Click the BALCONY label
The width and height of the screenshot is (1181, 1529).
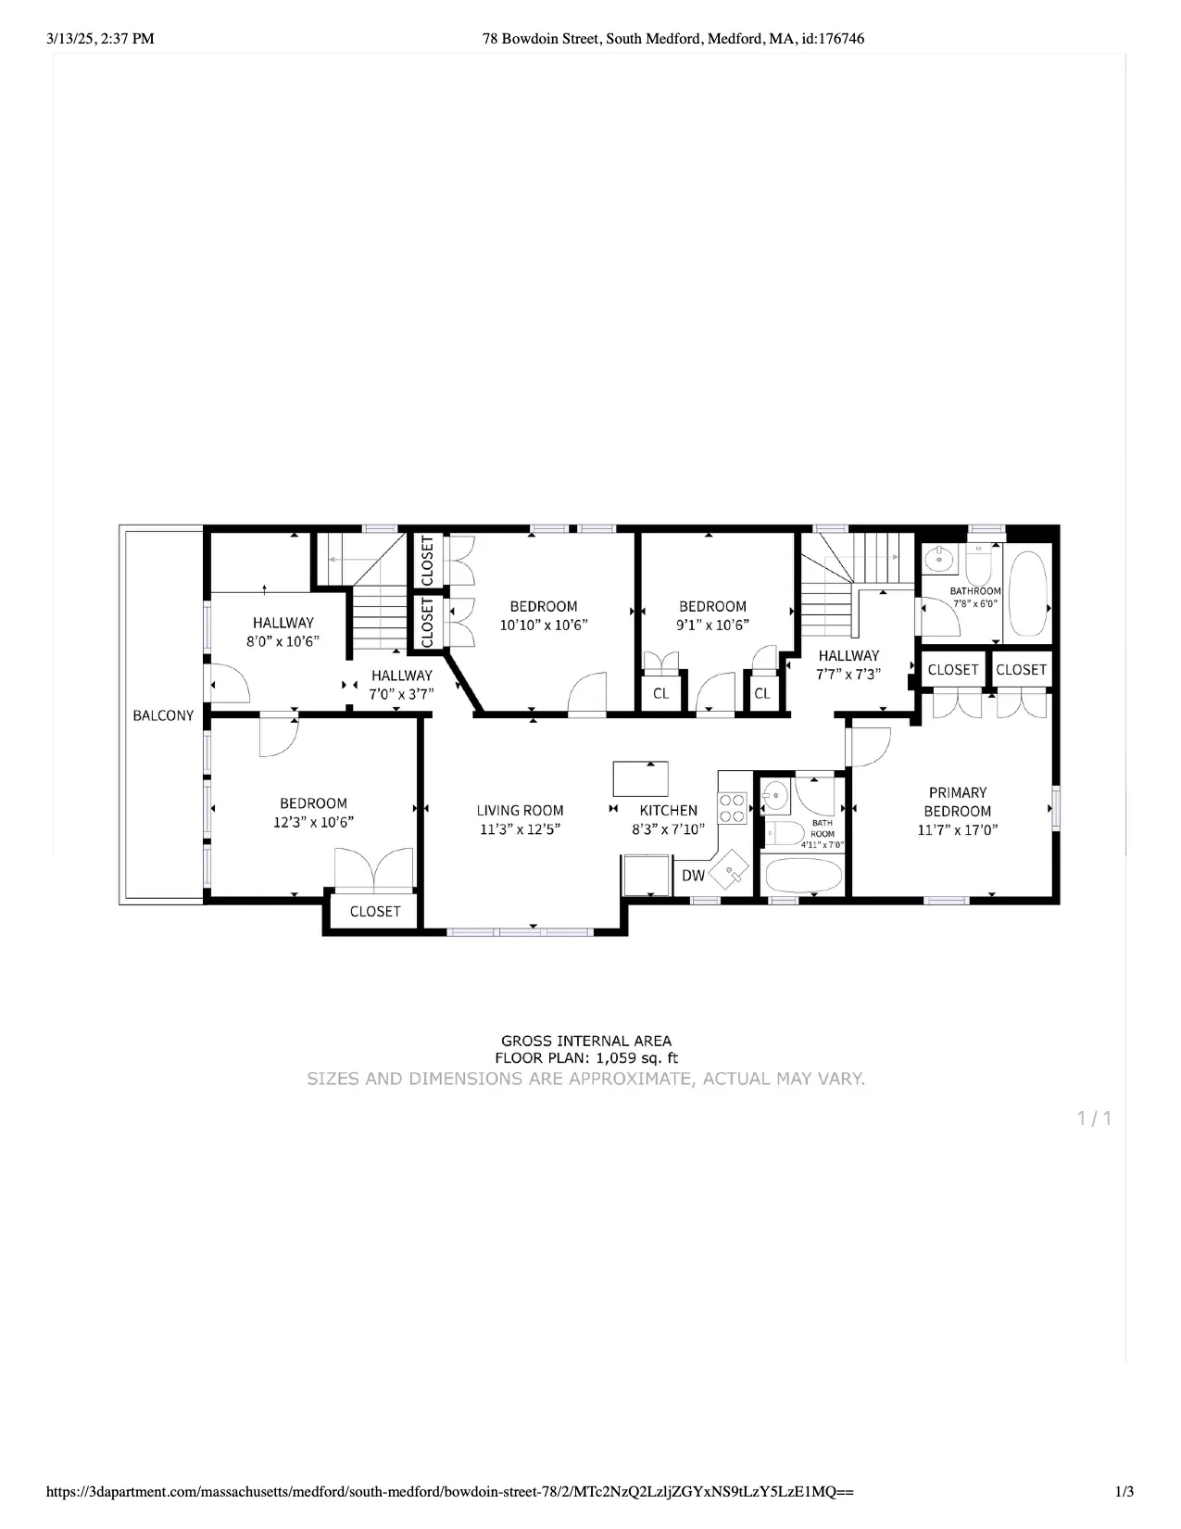coord(163,715)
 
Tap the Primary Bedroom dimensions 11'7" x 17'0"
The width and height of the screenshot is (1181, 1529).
coord(957,830)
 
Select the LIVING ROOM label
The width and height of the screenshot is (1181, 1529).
coord(520,810)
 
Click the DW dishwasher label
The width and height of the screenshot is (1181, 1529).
coord(693,875)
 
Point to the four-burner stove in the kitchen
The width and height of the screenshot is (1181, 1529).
coord(733,806)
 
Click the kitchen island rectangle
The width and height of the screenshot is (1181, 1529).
coord(640,777)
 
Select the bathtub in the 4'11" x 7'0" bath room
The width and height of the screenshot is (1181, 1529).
coord(801,875)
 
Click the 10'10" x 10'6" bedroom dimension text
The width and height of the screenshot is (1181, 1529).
coord(544,625)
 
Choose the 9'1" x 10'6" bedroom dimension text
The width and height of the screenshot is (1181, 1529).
coord(712,625)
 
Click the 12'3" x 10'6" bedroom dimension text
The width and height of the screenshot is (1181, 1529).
coord(313,822)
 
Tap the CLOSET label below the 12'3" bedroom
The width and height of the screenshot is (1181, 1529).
coord(375,912)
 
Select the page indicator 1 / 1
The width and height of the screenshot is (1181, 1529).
coord(1094,1118)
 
